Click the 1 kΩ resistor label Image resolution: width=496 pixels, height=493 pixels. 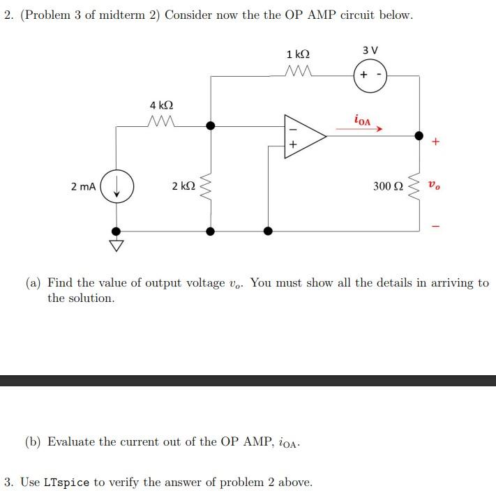click(x=299, y=54)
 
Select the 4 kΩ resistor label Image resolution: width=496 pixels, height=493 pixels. click(x=162, y=105)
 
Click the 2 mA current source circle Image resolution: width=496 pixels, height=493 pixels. click(x=117, y=187)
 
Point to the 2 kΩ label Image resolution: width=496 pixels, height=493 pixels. click(x=183, y=186)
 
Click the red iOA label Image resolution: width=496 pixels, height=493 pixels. click(x=363, y=119)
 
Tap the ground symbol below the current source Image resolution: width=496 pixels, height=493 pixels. click(x=117, y=244)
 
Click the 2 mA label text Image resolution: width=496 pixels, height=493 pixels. click(x=84, y=186)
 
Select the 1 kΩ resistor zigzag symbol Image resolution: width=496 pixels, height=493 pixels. click(x=299, y=71)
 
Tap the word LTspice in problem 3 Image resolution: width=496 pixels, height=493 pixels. click(x=66, y=482)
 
